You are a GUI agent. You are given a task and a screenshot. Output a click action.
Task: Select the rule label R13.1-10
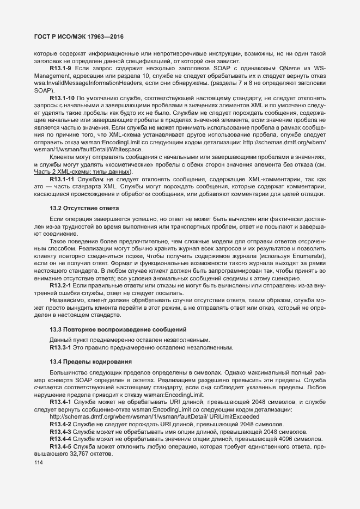click(x=63, y=97)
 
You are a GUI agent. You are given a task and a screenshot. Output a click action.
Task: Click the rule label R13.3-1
click(x=62, y=347)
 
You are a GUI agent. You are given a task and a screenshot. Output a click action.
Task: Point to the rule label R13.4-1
click(x=62, y=402)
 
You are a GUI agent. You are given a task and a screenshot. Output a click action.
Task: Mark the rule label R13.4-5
click(x=62, y=446)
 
